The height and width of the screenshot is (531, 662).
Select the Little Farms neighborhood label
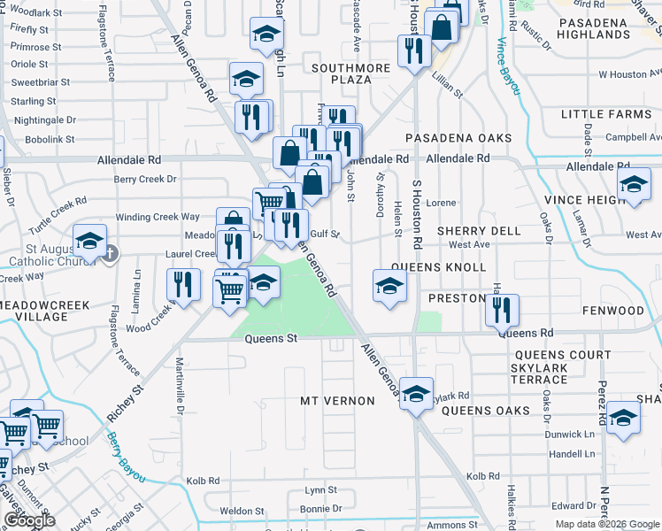[x=605, y=114]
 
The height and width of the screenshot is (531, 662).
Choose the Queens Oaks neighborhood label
[x=485, y=411]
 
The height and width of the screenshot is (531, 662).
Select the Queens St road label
[x=269, y=338]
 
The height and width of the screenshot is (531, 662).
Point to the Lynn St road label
[x=320, y=489]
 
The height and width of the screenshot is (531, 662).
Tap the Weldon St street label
[x=242, y=511]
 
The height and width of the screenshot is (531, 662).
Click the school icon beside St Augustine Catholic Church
[x=89, y=241]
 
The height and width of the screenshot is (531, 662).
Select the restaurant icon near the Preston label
[x=502, y=311]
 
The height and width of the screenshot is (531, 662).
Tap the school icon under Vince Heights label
[x=634, y=185]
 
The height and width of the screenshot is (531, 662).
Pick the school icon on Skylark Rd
[x=415, y=394]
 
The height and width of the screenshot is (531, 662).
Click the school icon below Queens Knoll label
[x=389, y=286]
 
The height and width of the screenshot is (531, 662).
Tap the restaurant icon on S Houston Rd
[x=413, y=51]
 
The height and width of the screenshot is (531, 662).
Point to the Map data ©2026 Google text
[x=607, y=524]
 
